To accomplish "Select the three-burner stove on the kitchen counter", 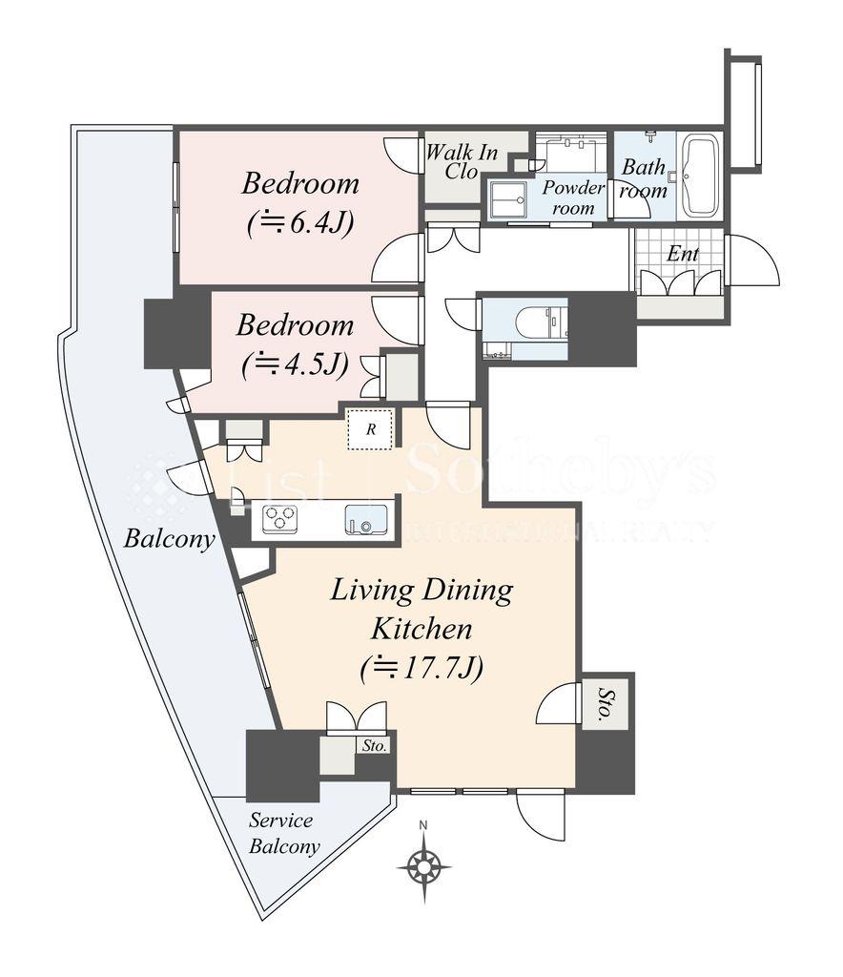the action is [279, 518].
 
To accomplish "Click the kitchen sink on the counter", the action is [365, 519].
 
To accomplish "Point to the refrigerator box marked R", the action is [370, 428].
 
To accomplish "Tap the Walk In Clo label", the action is [462, 162].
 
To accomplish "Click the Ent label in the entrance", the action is [683, 254].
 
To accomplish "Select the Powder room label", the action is [573, 197].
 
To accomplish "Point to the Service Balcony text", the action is [284, 833].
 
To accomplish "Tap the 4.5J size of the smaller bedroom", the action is [294, 364].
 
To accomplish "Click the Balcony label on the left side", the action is [169, 538].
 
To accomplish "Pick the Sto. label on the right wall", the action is [605, 704].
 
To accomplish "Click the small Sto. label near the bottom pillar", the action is [375, 745].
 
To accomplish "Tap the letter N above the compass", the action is [424, 825].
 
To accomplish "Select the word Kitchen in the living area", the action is [421, 629].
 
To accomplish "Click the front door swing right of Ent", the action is [752, 260].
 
